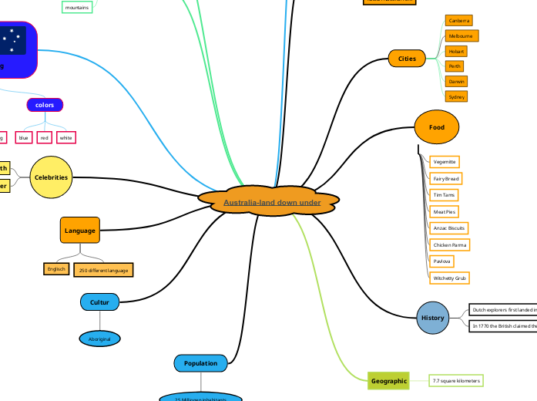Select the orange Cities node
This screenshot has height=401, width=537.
coord(407,59)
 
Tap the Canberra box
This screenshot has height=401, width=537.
coord(459,21)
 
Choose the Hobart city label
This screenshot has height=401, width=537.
coord(456,51)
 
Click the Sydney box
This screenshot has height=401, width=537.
coord(457,96)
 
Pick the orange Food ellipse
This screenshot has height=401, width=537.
coord(437,127)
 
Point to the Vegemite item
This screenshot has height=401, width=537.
coord(445,162)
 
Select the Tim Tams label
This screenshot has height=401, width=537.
coord(444,195)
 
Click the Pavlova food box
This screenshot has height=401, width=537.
coord(442,261)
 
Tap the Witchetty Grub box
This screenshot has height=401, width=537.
coord(450,278)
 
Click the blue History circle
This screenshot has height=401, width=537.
coord(432,318)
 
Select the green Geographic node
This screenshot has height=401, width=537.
coord(388,381)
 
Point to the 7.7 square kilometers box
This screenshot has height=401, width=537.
coord(457,381)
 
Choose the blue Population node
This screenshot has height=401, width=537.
coord(200,362)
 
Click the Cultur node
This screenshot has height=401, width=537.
coord(99,302)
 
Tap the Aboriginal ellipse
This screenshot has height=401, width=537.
coord(99,339)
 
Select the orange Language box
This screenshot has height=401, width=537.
coord(80,230)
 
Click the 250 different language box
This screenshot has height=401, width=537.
coord(103,270)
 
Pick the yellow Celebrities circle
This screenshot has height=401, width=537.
coord(51,177)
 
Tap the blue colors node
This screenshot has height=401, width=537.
coord(45,104)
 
